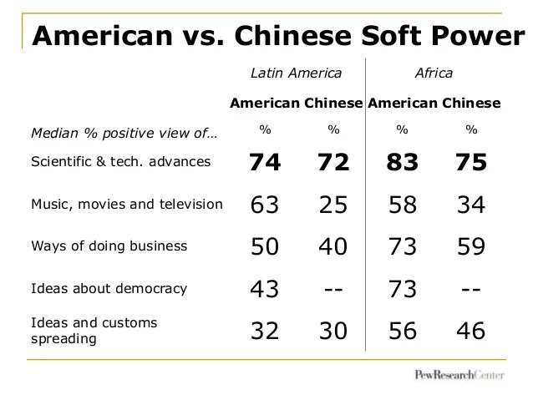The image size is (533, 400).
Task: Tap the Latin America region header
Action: click(x=297, y=73)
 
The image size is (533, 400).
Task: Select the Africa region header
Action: click(x=434, y=73)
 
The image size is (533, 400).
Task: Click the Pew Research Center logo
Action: click(x=459, y=376)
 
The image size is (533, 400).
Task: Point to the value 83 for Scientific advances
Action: click(x=402, y=163)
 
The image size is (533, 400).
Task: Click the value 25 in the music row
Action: click(x=334, y=205)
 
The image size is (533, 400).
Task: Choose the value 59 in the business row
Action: click(x=471, y=246)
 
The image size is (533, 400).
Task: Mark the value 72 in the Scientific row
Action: click(x=334, y=163)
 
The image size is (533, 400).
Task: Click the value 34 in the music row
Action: click(x=471, y=205)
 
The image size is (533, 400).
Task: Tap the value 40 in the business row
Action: click(x=334, y=246)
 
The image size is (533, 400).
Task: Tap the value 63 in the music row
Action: click(x=264, y=205)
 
